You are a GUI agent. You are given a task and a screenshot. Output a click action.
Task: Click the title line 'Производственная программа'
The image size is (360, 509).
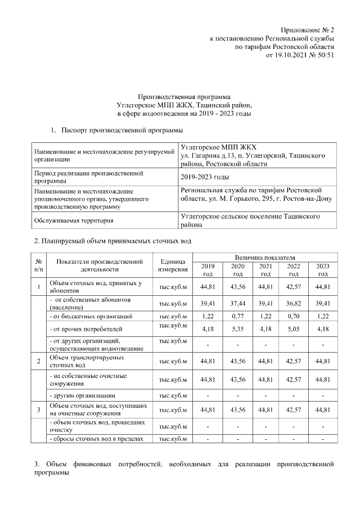click(x=184, y=97)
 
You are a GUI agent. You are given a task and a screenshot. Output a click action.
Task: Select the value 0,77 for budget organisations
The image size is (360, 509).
click(x=238, y=317)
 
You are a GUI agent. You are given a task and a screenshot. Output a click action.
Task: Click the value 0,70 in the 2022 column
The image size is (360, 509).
click(x=293, y=317)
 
